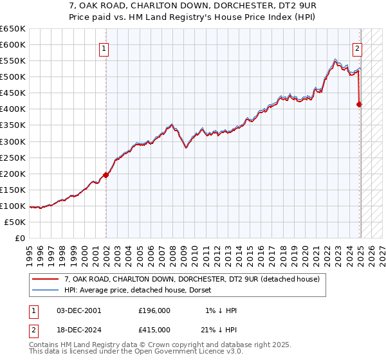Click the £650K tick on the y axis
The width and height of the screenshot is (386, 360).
point(12,29)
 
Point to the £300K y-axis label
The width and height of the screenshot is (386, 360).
point(12,141)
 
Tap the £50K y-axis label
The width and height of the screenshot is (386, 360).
point(15,222)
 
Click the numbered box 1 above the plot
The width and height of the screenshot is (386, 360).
point(104,47)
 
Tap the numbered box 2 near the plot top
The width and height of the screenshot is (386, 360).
point(357,47)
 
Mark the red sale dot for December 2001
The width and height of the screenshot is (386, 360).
point(106,175)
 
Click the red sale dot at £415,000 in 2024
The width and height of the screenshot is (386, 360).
point(360,104)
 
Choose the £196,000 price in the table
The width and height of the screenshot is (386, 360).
point(154,310)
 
